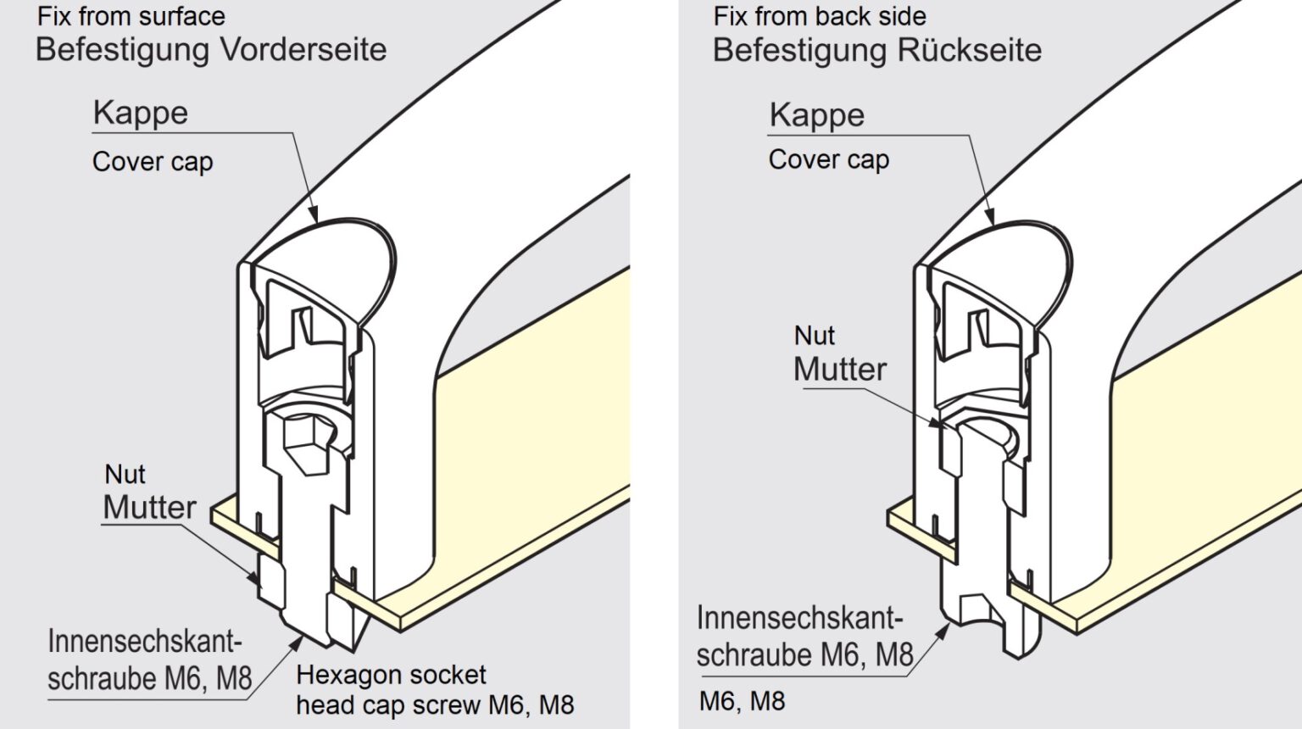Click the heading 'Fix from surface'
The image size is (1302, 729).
tap(131, 16)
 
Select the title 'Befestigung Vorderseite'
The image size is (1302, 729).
tap(211, 49)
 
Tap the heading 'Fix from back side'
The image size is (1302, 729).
tap(820, 16)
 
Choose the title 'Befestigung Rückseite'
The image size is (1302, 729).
tap(877, 50)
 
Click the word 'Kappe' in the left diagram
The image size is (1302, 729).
tap(141, 113)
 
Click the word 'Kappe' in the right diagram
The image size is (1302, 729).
tap(817, 115)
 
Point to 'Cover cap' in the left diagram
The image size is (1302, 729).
tap(153, 161)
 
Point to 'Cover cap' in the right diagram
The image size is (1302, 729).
tap(829, 159)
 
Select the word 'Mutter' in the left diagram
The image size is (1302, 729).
tap(150, 507)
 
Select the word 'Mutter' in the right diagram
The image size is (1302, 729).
tap(840, 369)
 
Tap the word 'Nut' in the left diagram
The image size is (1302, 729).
tap(125, 474)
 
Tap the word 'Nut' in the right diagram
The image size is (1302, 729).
tap(815, 336)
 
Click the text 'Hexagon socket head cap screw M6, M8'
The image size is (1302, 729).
tap(435, 690)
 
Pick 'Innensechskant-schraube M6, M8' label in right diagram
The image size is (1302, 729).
tap(804, 637)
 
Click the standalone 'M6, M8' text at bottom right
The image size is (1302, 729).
tap(742, 702)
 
